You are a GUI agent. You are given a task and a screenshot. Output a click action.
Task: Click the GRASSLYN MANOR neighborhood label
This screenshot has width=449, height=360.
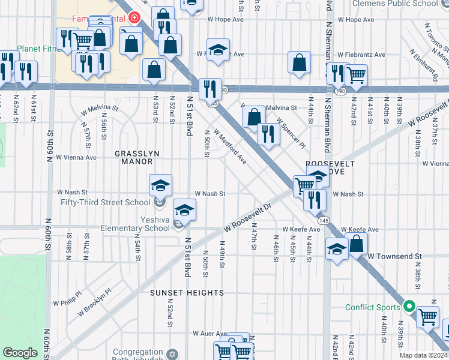[x=137, y=157]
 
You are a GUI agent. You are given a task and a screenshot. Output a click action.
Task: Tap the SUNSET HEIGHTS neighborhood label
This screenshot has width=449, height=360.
[x=187, y=293]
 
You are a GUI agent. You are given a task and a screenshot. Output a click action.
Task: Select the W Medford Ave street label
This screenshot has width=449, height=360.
[x=229, y=148]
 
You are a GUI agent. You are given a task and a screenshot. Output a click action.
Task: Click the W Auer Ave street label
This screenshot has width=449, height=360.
[x=209, y=333]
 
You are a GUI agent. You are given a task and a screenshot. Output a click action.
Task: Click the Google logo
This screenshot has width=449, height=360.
[x=20, y=353]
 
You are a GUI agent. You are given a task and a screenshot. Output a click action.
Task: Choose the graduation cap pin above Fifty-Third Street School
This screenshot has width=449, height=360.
[x=160, y=186]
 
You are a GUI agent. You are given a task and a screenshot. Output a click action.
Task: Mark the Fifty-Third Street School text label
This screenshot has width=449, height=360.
[x=105, y=202]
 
